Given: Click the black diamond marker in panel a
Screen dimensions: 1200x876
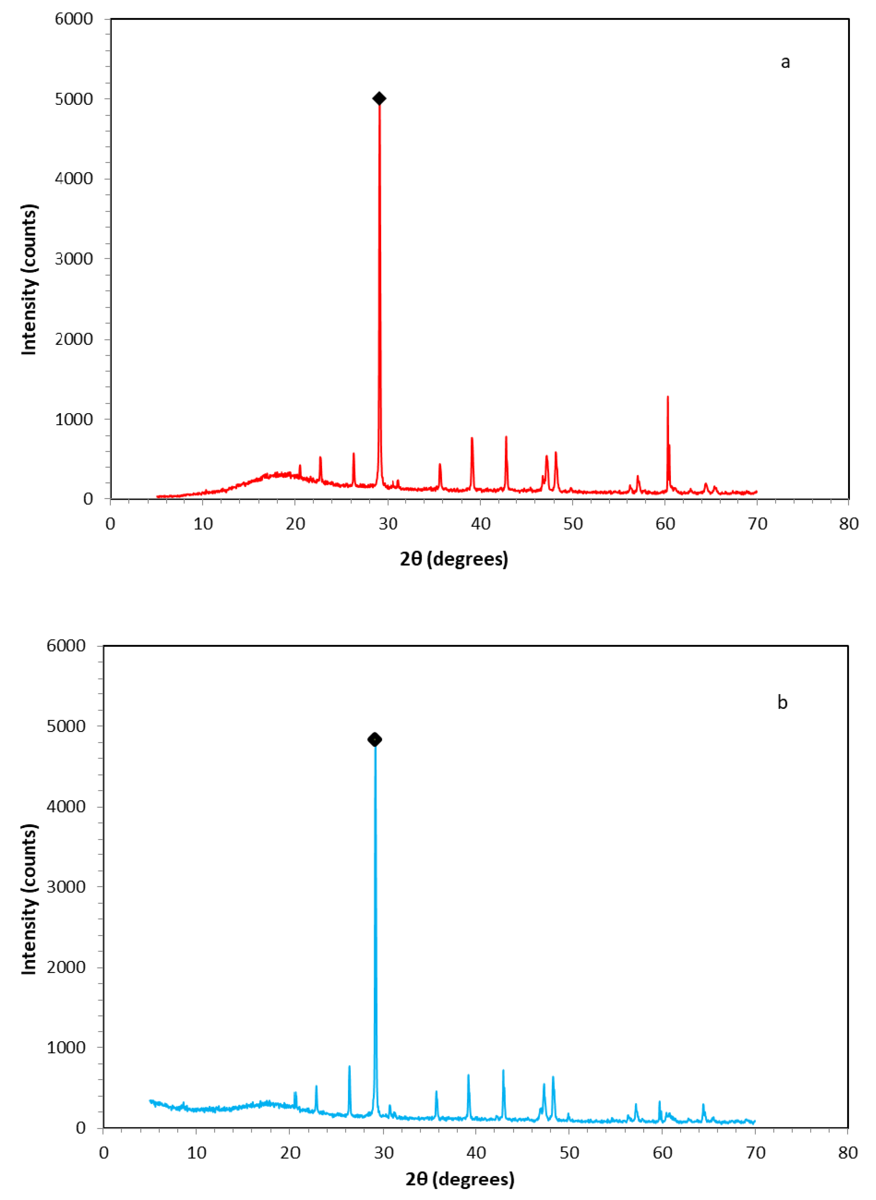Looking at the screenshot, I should click(x=379, y=99).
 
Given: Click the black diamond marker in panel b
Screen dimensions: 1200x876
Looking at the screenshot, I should click(x=374, y=739).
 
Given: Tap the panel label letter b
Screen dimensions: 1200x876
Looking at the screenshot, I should click(x=782, y=703).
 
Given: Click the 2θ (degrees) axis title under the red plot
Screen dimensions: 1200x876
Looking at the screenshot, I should click(x=454, y=559).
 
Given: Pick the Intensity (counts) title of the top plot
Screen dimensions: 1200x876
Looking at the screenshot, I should click(x=29, y=280).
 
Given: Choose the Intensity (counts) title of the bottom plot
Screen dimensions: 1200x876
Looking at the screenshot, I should click(x=29, y=899).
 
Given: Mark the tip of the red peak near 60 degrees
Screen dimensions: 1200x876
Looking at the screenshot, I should click(x=667, y=397).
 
